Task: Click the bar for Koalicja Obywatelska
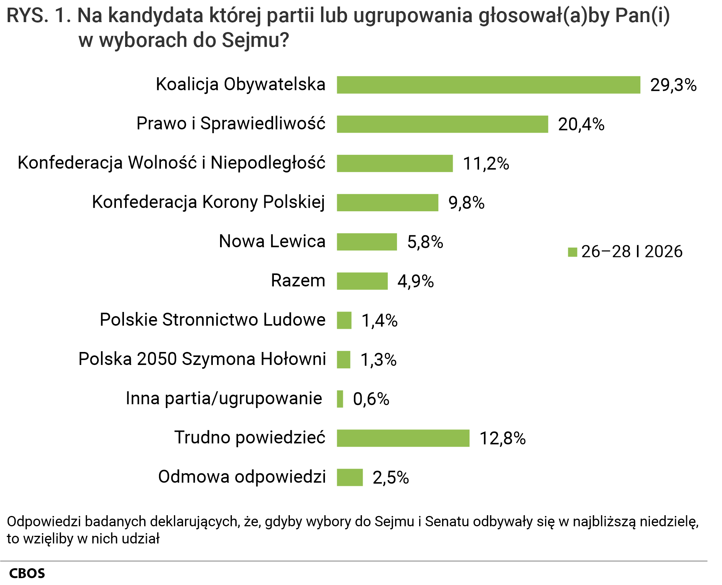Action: [488, 85]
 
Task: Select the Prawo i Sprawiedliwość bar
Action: [442, 124]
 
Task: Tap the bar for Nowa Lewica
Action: [367, 242]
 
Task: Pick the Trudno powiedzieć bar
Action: [403, 438]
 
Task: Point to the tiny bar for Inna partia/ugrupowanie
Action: [340, 399]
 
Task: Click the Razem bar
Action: [362, 281]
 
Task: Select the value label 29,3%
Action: [673, 85]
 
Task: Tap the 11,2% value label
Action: [486, 164]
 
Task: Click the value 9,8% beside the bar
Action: [466, 203]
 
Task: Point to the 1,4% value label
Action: [379, 321]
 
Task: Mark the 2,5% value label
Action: [391, 477]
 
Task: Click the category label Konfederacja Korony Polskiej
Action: [208, 202]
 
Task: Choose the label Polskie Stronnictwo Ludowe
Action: [212, 320]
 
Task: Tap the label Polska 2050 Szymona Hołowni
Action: [202, 359]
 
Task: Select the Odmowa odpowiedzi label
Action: [242, 477]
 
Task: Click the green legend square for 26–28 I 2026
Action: [572, 252]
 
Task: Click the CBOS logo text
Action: [27, 573]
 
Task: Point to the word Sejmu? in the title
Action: [255, 40]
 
